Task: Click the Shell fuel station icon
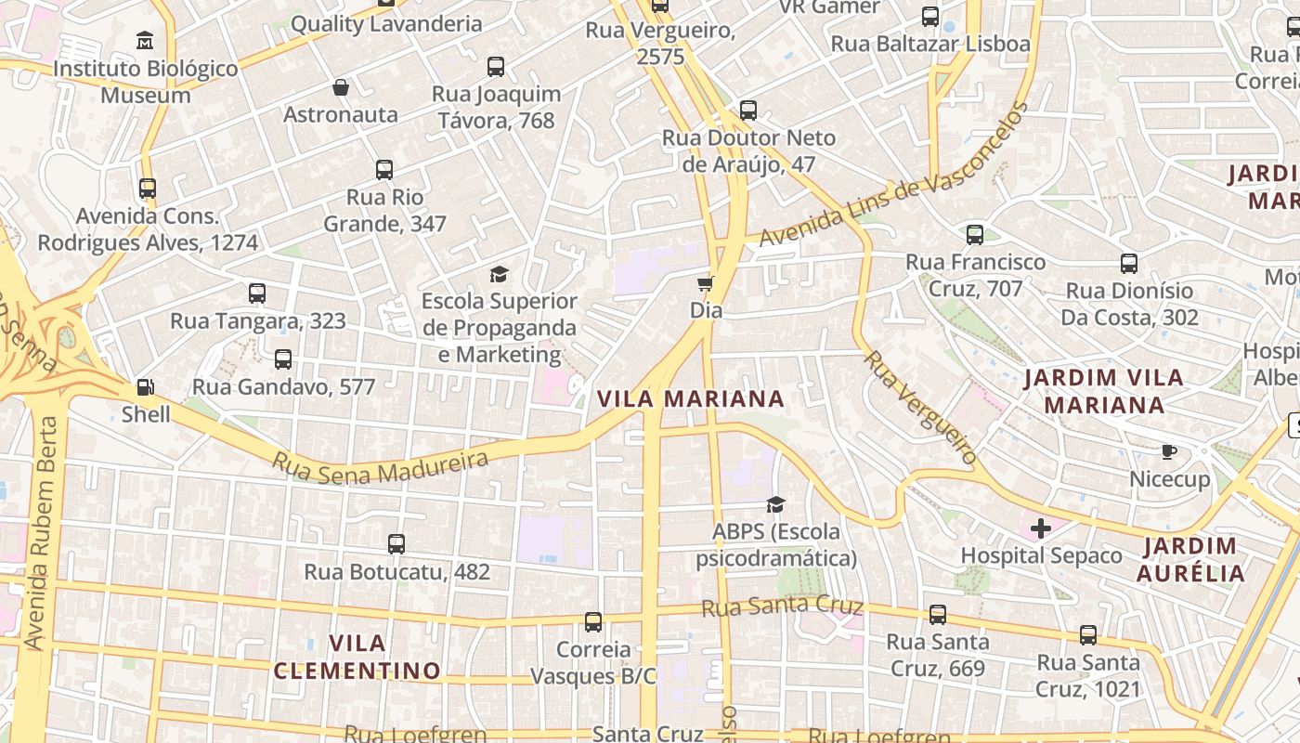(146, 387)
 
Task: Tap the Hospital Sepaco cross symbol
(1041, 528)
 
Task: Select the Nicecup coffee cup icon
(1169, 452)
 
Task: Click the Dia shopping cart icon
(706, 283)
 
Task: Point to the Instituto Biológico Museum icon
(145, 41)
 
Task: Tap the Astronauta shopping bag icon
(341, 88)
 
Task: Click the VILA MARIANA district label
(691, 399)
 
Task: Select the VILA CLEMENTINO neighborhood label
(357, 657)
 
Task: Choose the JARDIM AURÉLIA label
(1190, 559)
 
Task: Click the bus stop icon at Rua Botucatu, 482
(396, 544)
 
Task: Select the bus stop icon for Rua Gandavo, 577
(283, 359)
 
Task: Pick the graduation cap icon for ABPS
(775, 504)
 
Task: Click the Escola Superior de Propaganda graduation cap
(500, 274)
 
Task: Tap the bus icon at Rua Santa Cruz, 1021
(1088, 636)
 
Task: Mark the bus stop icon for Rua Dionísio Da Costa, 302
(1129, 264)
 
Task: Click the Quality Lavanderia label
(386, 24)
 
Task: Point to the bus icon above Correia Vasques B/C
(593, 622)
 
